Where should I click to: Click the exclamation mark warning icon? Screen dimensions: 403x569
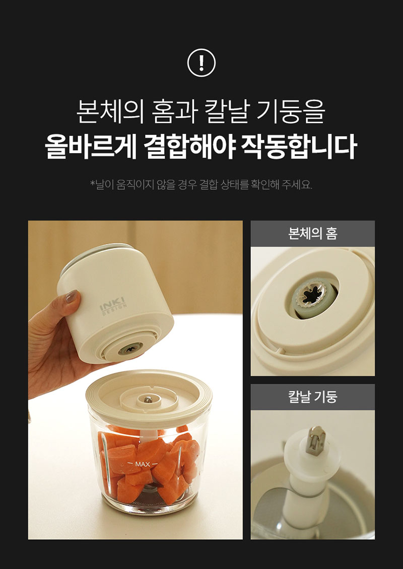pyautogui.click(x=201, y=63)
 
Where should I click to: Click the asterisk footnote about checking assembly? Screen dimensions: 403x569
pyautogui.click(x=201, y=185)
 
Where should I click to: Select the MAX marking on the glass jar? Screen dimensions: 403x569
pyautogui.click(x=143, y=464)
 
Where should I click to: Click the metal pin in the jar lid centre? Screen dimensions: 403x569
pyautogui.click(x=148, y=399)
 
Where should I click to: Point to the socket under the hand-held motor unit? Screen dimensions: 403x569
pyautogui.click(x=128, y=349)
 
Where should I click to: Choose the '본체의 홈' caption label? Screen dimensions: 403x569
pyautogui.click(x=313, y=233)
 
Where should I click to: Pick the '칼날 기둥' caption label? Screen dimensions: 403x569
pyautogui.click(x=313, y=397)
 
